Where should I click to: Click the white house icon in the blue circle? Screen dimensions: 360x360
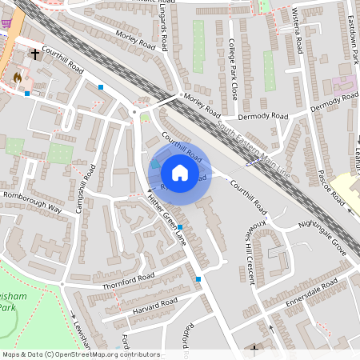(x=180, y=173)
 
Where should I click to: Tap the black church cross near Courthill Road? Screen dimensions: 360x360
(x=35, y=55)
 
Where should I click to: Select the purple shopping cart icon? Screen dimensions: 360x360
(x=6, y=22)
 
